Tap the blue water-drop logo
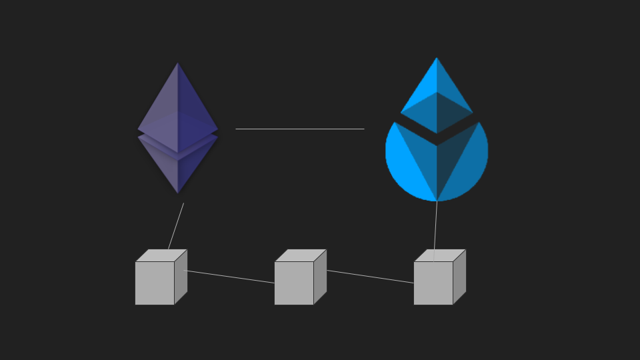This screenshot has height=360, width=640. click(437, 160)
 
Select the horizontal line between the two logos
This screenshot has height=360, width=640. click(300, 129)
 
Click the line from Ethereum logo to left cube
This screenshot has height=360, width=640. click(176, 226)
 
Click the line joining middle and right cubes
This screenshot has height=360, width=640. click(370, 277)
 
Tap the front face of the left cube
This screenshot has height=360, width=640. click(155, 283)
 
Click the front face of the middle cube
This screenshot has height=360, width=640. click(294, 283)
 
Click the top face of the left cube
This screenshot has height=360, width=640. click(161, 255)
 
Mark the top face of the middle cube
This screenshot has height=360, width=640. click(301, 255)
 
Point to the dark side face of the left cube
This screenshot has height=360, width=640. click(181, 277)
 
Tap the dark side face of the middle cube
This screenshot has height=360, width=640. click(320, 277)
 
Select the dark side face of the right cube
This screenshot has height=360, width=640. click(459, 277)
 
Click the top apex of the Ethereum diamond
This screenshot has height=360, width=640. click(177, 64)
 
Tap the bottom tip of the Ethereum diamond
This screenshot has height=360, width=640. click(178, 192)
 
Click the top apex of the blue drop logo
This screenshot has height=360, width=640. click(437, 59)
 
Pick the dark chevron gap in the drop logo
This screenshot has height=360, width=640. click(437, 138)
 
